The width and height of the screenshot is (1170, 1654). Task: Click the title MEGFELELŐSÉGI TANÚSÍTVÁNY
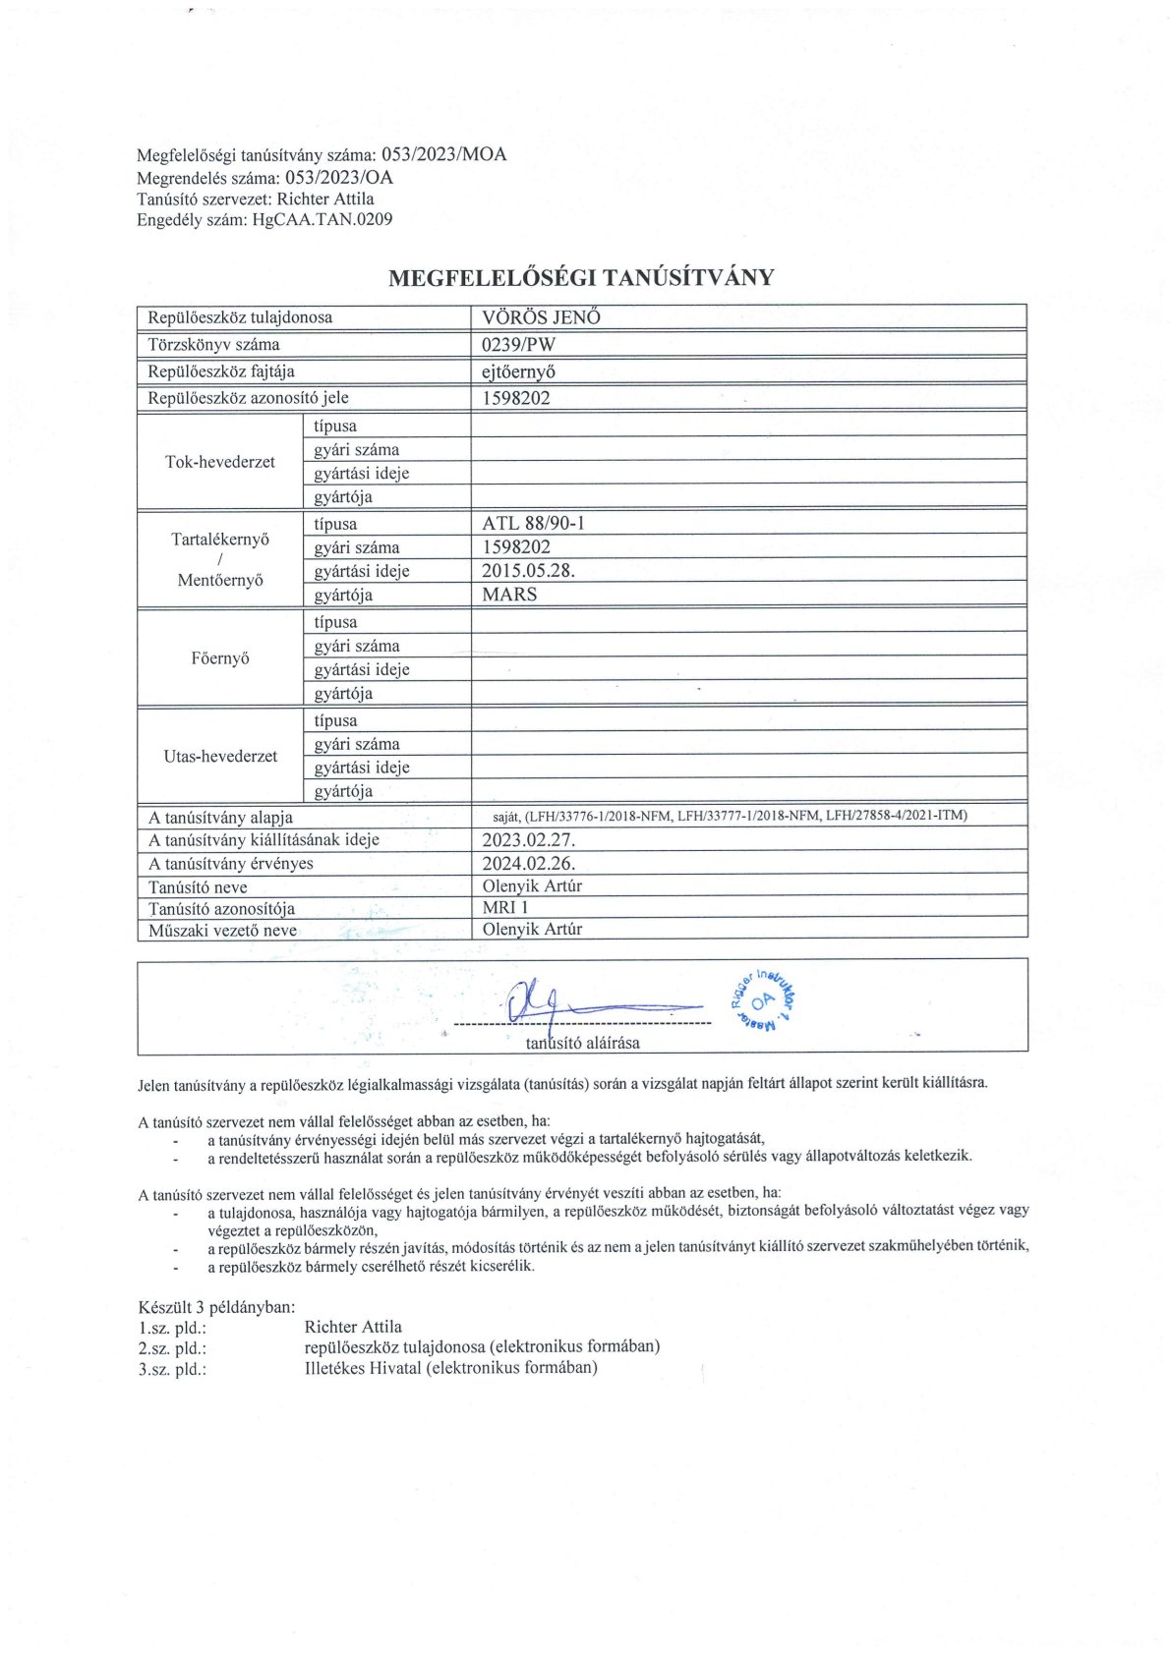pos(581,277)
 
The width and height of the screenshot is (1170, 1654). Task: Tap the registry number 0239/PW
pos(519,345)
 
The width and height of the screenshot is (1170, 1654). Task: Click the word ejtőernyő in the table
pos(520,371)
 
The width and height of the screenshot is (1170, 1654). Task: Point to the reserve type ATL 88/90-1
pos(533,524)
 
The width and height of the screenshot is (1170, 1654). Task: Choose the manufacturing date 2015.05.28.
pos(529,571)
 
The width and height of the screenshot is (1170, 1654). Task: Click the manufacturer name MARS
pos(510,595)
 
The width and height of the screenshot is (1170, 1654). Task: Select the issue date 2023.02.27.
pos(529,840)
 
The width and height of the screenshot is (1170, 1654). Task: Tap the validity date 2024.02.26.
pos(529,864)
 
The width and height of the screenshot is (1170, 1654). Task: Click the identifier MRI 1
pos(505,908)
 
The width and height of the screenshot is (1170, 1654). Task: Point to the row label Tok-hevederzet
pos(220,462)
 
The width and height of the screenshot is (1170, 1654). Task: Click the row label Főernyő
pos(220,658)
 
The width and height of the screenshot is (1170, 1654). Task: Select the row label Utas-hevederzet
pos(220,757)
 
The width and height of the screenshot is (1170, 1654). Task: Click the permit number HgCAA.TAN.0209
pos(322,220)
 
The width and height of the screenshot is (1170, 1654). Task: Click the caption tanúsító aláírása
pos(582,1044)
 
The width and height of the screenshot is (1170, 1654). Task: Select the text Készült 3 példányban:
pos(216,1307)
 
